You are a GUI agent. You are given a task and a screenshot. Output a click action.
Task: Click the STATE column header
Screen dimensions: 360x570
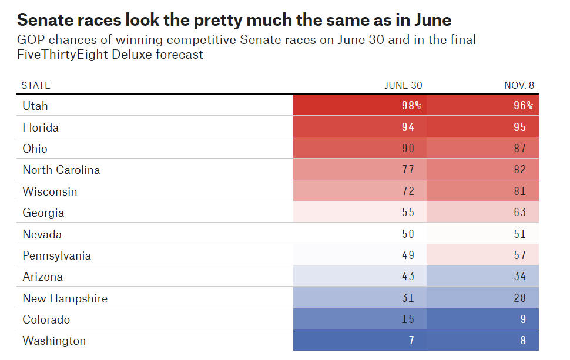click(36, 85)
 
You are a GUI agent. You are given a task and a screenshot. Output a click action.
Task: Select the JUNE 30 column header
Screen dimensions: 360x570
click(403, 85)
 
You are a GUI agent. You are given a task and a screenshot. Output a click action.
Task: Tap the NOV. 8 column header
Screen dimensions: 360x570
click(519, 85)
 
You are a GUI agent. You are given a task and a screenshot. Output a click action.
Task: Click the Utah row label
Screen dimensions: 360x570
click(35, 106)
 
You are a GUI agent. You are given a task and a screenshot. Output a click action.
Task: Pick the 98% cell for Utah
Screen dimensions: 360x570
click(411, 106)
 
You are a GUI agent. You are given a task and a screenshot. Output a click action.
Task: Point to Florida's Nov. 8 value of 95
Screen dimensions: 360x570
click(519, 127)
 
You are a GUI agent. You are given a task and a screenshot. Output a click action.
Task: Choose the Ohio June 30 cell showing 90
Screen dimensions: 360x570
click(408, 149)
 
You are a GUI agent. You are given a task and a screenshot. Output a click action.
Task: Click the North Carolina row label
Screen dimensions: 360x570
click(61, 170)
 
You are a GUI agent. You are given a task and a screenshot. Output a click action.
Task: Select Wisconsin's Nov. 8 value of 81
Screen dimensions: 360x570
click(519, 191)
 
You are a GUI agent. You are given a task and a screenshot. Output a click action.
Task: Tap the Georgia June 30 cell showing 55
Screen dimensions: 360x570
click(408, 213)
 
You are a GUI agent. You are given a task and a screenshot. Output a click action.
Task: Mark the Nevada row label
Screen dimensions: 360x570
click(41, 234)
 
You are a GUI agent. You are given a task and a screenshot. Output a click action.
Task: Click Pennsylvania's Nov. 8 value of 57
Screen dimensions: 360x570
click(519, 255)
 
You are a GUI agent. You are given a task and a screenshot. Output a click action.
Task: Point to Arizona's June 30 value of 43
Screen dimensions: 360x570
click(408, 277)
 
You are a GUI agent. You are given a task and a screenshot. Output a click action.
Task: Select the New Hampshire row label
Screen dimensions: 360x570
click(65, 298)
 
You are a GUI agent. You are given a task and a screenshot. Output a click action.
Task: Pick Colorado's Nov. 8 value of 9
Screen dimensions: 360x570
click(522, 319)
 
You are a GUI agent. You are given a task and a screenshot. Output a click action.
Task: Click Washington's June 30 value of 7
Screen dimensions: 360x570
click(411, 341)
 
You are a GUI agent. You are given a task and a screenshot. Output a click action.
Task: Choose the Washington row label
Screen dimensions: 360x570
click(54, 341)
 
